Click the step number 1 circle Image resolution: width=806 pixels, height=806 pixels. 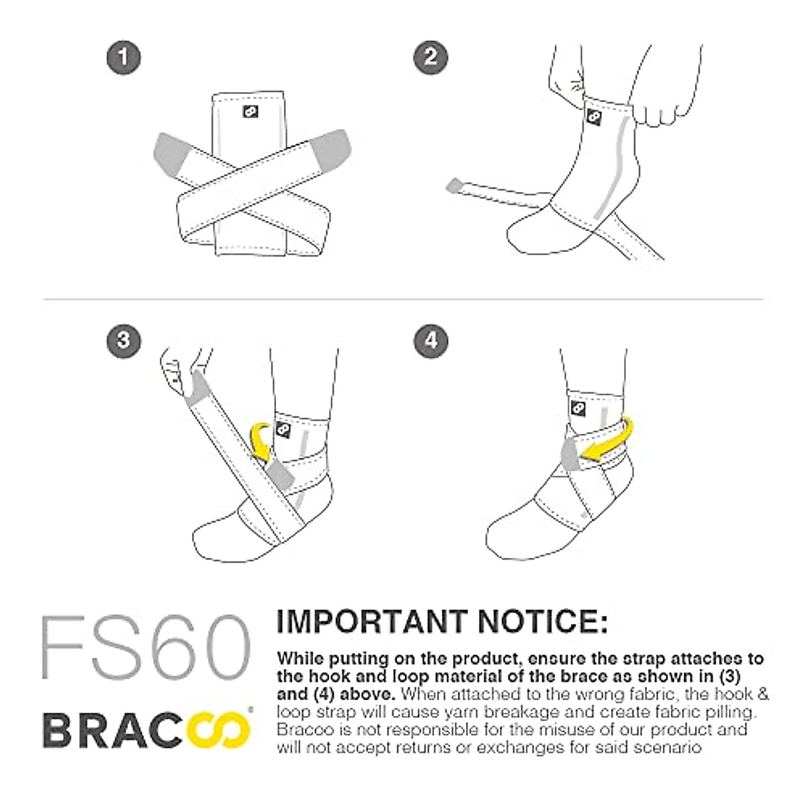pyautogui.click(x=124, y=56)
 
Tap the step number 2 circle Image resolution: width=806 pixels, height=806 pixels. pyautogui.click(x=431, y=56)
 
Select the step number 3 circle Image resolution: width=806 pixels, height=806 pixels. pyautogui.click(x=124, y=340)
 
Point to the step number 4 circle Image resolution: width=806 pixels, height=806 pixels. pyautogui.click(x=431, y=340)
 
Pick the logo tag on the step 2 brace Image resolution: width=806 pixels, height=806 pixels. pyautogui.click(x=594, y=117)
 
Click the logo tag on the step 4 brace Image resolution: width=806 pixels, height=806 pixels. pyautogui.click(x=577, y=408)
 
